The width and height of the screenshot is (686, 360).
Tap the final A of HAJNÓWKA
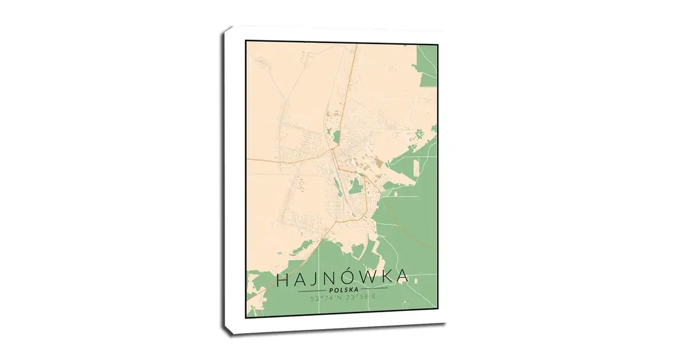click(x=403, y=279)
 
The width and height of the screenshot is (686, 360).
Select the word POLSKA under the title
click(x=342, y=290)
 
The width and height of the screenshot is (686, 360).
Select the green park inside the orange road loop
click(x=356, y=186)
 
